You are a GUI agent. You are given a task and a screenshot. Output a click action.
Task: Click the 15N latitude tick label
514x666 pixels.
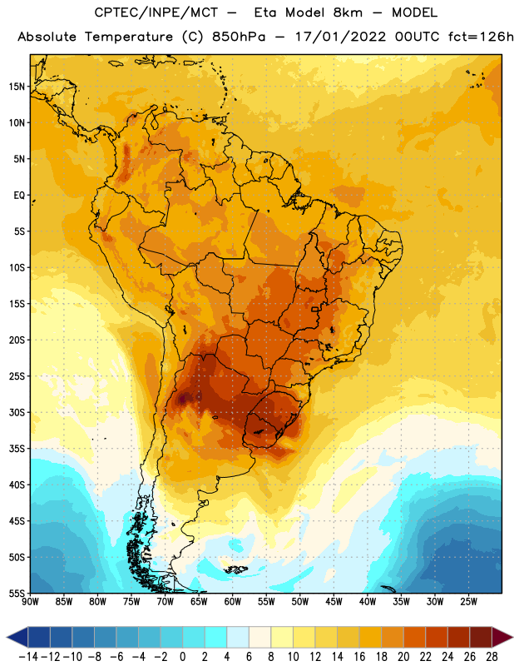[17, 87]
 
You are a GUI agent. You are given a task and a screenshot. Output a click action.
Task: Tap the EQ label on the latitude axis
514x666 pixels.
[19, 196]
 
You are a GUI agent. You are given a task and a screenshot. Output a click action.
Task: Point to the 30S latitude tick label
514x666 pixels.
[17, 412]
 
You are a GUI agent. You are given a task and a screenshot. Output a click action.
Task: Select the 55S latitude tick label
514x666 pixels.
[17, 594]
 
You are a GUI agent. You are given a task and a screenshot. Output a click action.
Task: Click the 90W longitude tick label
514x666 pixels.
[30, 602]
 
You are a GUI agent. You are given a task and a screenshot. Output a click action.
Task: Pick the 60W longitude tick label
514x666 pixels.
[233, 602]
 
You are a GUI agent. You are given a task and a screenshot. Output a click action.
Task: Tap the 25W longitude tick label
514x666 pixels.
[468, 602]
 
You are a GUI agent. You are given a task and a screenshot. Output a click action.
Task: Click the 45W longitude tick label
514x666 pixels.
[334, 602]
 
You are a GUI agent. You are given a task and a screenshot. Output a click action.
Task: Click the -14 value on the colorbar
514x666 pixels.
[28, 657]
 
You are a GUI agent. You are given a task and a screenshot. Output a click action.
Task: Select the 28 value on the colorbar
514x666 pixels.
[492, 657]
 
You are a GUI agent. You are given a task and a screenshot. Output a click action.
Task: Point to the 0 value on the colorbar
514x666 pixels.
[182, 657]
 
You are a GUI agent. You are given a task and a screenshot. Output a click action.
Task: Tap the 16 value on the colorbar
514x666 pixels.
[359, 657]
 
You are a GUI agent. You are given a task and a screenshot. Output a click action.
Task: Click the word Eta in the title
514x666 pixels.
[265, 12]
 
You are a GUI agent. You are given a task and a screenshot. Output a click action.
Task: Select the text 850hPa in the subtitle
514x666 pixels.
[239, 37]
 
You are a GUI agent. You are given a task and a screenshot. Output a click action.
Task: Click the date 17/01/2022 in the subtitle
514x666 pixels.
[341, 37]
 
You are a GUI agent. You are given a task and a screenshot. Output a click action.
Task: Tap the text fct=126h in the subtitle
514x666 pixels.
[481, 37]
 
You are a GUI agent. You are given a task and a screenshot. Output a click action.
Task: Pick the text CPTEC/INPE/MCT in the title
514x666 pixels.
[156, 12]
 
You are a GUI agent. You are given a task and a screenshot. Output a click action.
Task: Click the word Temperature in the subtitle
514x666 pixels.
[129, 37]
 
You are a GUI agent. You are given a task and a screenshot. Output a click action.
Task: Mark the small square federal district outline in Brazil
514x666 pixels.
[315, 309]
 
